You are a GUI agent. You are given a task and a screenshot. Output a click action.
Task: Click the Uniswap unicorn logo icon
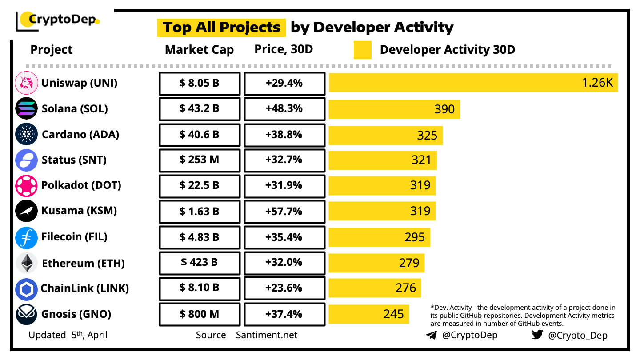[26, 83]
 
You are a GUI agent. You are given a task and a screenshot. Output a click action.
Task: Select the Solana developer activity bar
[394, 109]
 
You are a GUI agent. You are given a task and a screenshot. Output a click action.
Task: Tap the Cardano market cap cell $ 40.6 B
[200, 135]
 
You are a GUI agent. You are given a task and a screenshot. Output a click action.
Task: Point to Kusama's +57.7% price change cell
[284, 211]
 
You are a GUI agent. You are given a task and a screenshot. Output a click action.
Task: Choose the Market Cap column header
[199, 50]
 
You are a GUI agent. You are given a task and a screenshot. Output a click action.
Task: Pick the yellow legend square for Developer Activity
[363, 50]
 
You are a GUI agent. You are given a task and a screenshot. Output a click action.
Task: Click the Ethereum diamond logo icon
[27, 263]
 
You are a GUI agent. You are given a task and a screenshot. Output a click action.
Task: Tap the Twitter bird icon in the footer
[537, 335]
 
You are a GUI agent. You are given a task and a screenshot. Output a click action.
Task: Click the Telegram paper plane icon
[431, 335]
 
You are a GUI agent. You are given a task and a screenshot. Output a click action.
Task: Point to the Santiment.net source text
[267, 335]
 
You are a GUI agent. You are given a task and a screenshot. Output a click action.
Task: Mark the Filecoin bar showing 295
[379, 237]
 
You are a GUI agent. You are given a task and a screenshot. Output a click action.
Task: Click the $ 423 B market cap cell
[200, 263]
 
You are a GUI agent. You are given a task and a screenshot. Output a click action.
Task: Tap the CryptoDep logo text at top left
[58, 20]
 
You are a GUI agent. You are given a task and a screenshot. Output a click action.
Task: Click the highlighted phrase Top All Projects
[221, 28]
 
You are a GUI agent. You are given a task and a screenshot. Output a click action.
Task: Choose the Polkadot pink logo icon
[26, 186]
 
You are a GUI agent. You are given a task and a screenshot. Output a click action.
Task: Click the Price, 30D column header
[284, 49]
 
